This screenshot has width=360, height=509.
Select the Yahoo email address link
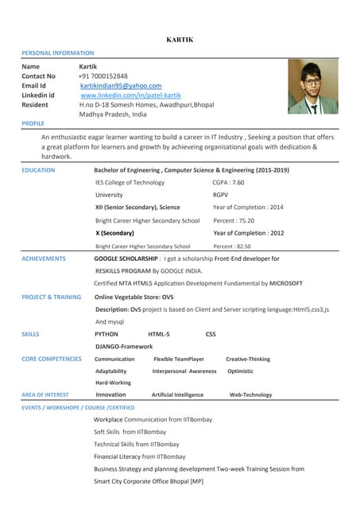[121, 86]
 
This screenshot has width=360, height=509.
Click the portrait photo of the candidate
[312, 87]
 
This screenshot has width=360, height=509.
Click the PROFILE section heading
[33, 124]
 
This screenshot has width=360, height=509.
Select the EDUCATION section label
[38, 170]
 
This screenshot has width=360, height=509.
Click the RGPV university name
[221, 195]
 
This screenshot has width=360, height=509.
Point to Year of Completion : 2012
[248, 233]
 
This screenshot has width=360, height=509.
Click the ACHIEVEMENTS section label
[44, 258]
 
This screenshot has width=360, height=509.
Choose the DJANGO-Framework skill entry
[123, 347]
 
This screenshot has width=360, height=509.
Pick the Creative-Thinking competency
[248, 359]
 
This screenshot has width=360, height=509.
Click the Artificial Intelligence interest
[177, 394]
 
